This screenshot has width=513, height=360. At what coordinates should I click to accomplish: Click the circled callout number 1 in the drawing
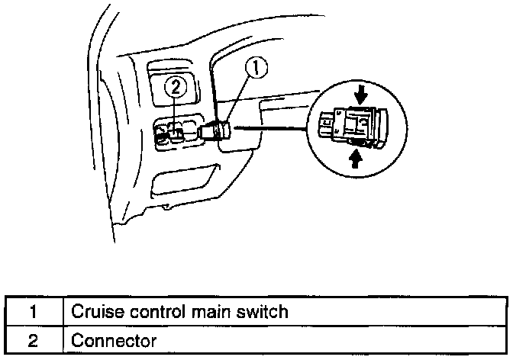256,69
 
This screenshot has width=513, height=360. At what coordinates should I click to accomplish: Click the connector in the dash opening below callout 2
174,135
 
